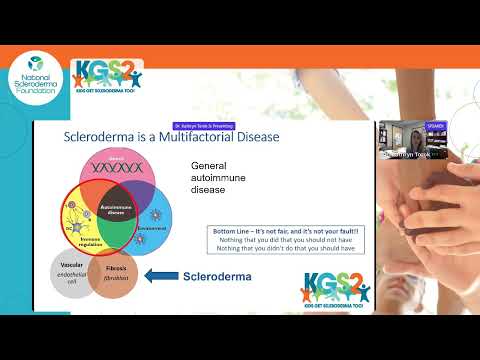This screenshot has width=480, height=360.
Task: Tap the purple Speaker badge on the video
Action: click(434, 126)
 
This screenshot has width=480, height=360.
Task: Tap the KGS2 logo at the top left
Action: click(108, 78)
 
